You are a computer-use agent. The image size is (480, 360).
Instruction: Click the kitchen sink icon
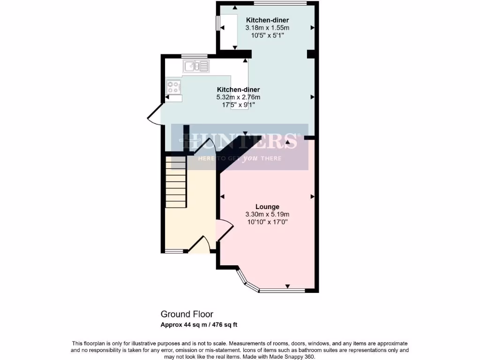(196, 67)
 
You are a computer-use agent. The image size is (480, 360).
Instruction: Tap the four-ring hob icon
(173, 86)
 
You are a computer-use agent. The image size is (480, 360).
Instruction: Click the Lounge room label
(267, 207)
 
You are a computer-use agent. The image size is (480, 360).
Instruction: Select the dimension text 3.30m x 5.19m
(267, 214)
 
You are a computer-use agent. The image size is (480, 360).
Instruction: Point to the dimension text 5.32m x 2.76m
(238, 97)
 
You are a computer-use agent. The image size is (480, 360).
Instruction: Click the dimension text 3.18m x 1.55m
(267, 28)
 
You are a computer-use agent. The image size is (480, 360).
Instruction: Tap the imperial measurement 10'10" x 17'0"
(267, 222)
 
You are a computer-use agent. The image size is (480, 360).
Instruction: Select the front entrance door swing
(201, 244)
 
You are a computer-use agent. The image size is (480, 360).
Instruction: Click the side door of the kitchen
(153, 116)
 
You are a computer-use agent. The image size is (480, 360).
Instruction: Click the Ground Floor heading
(187, 314)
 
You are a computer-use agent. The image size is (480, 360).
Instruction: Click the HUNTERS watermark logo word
(240, 140)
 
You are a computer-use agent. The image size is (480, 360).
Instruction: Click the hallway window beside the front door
(174, 252)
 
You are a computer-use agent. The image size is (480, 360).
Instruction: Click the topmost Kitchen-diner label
(267, 20)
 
